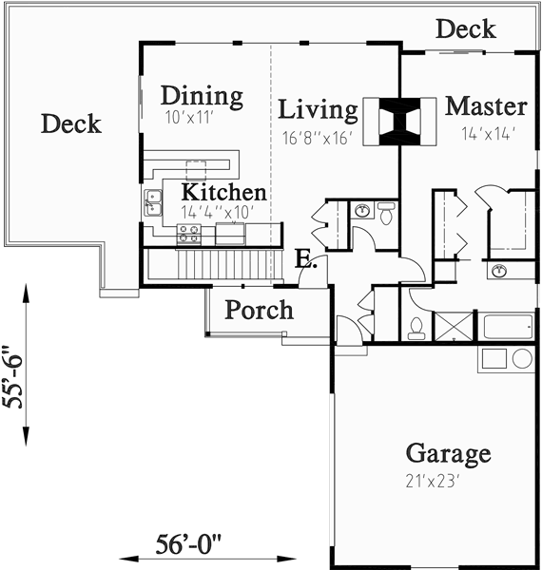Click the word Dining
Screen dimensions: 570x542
[201, 96]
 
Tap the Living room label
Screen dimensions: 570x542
[318, 110]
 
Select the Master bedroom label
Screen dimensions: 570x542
[485, 104]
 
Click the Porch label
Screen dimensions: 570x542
[259, 310]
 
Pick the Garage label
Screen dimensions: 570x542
[448, 452]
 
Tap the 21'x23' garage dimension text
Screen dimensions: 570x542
[433, 481]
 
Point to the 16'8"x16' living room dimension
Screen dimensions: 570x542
[318, 138]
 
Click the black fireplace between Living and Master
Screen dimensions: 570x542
[399, 122]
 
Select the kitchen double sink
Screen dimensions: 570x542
[152, 200]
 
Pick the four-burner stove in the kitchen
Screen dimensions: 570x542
[188, 234]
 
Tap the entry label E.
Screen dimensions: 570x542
[303, 258]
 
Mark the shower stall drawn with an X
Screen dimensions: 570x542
[453, 324]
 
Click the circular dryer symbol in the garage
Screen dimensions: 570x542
[522, 358]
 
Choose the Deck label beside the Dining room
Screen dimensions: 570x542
[71, 123]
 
